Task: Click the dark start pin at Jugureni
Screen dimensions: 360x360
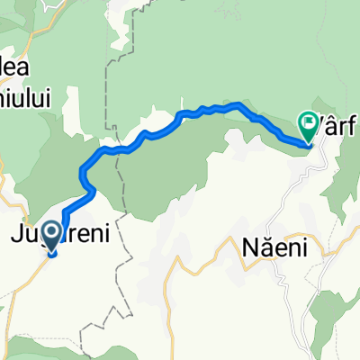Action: point(51,237)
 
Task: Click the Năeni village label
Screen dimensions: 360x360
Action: point(269,245)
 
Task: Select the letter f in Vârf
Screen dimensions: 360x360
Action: point(355,122)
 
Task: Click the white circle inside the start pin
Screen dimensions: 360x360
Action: point(51,233)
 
